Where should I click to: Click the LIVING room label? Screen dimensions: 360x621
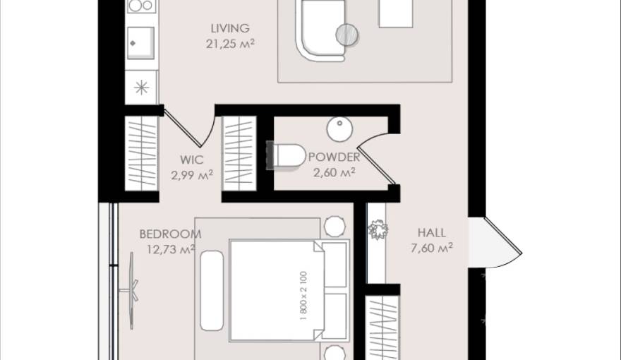point(230,29)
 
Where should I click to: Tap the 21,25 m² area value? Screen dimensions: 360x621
point(230,43)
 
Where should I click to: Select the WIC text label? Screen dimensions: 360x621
point(191,159)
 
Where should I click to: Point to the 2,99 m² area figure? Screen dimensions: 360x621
point(191,174)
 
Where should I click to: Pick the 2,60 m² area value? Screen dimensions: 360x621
point(334,172)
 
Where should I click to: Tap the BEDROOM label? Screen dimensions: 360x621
point(170,234)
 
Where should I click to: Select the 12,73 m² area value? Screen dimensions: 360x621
point(170,248)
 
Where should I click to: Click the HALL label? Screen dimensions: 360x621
point(431,232)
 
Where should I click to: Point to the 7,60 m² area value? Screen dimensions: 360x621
point(431,247)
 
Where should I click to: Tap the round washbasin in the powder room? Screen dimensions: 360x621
point(339,128)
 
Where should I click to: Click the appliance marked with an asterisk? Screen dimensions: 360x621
point(141,88)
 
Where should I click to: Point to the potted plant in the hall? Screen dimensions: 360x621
point(378,230)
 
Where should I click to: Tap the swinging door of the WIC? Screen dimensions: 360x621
point(189,127)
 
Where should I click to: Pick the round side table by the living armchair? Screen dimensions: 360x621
point(346,33)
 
